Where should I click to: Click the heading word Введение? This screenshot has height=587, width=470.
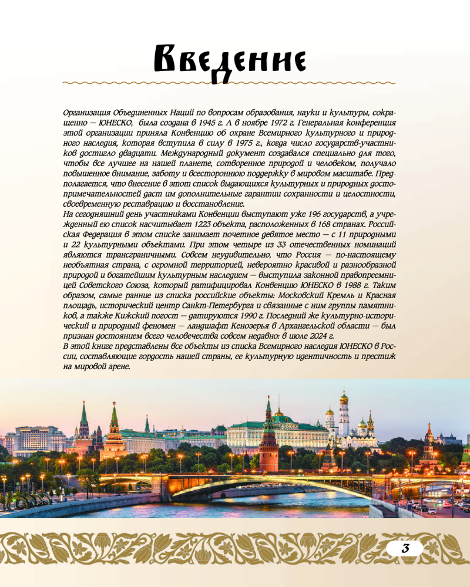226,61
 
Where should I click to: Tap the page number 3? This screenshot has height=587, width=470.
405,549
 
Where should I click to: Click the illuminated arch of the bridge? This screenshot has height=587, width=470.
264,483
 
